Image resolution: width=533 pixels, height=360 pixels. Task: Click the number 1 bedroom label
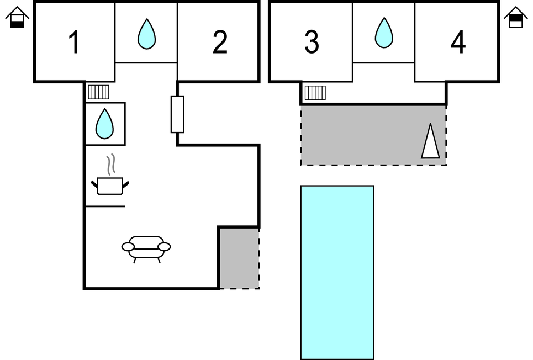coord(73,43)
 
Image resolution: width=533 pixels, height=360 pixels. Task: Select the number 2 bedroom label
coord(220,43)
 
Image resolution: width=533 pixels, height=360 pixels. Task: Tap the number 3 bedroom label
coord(312,43)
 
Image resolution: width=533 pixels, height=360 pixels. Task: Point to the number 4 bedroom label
coord(458,43)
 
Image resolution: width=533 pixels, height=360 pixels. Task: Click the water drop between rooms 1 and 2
coord(146,34)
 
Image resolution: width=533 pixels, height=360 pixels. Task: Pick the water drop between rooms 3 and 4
coord(384,33)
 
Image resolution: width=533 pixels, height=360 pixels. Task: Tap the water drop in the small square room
coord(104,124)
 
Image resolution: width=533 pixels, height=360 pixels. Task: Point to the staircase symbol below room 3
coord(315,92)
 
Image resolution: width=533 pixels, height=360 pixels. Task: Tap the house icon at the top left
coord(17,17)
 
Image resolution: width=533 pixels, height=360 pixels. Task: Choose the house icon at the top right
coord(516,17)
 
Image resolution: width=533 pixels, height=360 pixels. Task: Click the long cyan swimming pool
coord(337,272)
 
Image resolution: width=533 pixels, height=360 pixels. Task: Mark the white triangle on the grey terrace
coord(431,142)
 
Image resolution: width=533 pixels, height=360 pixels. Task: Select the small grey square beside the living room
coord(239,258)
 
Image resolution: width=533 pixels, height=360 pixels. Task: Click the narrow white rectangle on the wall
coord(177,114)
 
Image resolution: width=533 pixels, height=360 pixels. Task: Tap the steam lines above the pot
coord(112,163)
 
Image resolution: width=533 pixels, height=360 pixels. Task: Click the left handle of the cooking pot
coord(94,184)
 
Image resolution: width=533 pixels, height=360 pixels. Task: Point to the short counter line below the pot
coord(105,207)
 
